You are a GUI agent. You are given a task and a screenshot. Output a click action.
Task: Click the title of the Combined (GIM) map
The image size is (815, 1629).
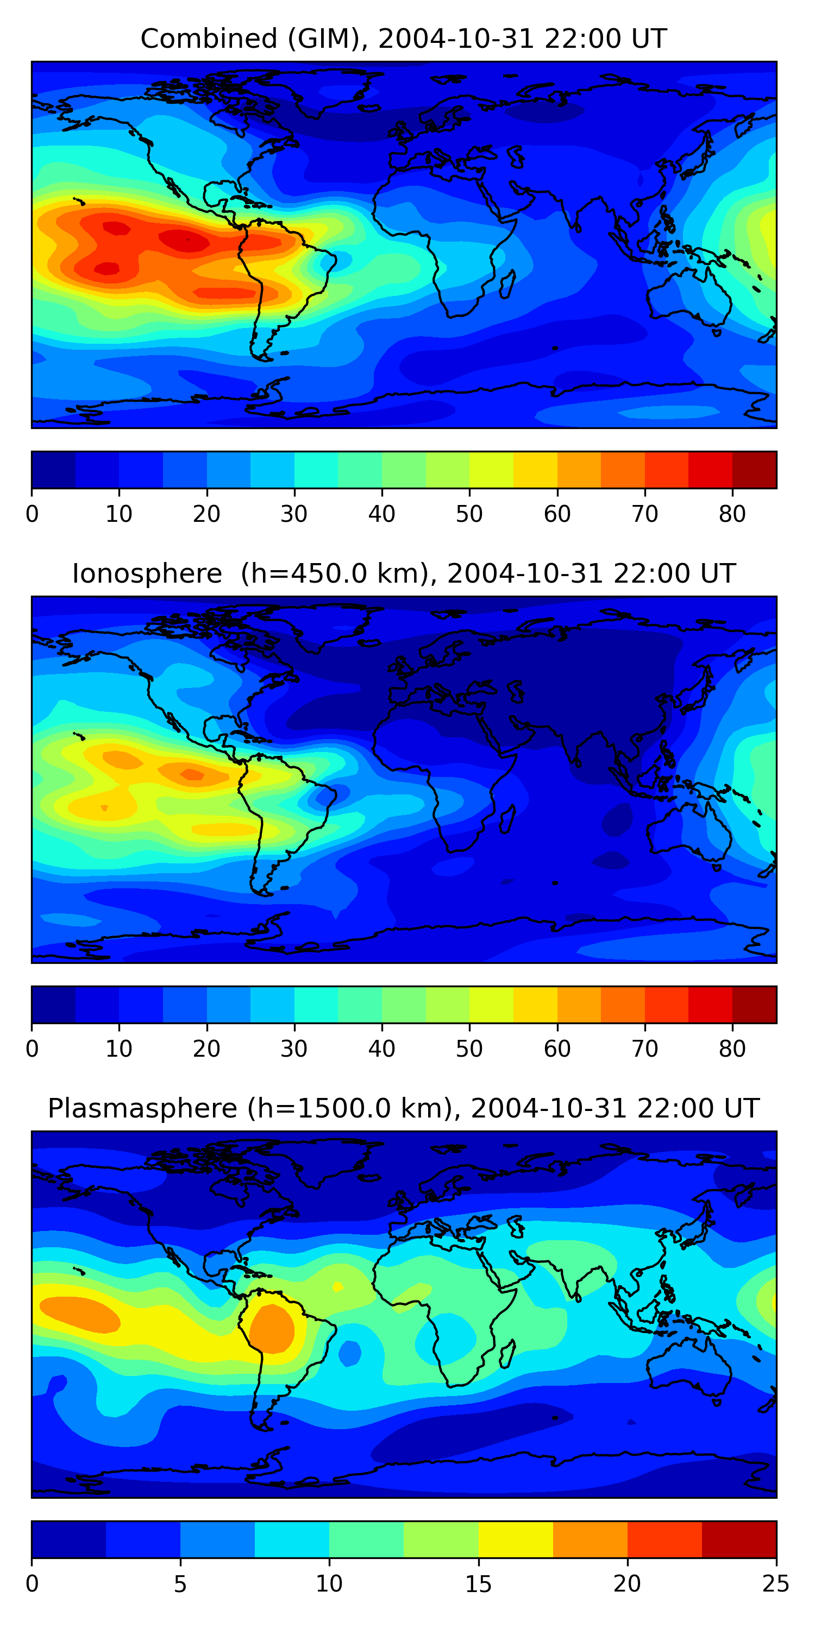click(403, 39)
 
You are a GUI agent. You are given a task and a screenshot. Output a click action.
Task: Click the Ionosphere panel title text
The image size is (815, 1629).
click(403, 574)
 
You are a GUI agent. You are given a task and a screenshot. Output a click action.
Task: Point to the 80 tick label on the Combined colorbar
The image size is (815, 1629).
click(732, 514)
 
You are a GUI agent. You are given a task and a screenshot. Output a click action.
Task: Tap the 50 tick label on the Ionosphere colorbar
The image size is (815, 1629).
click(469, 1049)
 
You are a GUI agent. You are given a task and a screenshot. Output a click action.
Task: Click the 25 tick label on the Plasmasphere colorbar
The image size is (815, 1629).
click(776, 1584)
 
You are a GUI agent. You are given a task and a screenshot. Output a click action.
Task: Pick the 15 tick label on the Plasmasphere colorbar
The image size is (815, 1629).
click(478, 1584)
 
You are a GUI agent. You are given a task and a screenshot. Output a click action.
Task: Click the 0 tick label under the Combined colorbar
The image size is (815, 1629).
click(32, 514)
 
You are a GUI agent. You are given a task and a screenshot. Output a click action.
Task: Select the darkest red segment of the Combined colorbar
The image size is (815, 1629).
click(754, 470)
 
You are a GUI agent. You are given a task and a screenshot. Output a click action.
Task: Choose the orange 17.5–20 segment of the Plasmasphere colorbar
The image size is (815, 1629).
click(590, 1539)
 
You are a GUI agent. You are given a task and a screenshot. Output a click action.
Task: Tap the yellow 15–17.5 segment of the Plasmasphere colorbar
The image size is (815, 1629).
click(516, 1539)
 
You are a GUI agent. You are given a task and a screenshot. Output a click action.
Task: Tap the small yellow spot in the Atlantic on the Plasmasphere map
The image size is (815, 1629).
click(338, 1286)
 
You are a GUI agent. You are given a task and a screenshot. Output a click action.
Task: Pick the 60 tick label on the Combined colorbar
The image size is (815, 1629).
click(557, 514)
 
